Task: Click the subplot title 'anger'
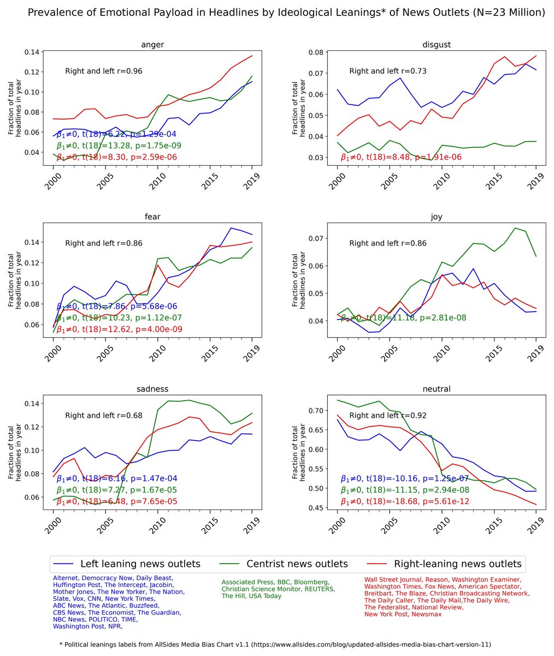[152, 45]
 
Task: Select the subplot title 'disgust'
[436, 45]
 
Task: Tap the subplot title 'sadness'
[152, 389]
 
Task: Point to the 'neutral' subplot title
[436, 389]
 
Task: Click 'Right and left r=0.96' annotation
[104, 71]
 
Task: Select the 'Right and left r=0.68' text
[104, 415]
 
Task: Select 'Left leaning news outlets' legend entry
[140, 564]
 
